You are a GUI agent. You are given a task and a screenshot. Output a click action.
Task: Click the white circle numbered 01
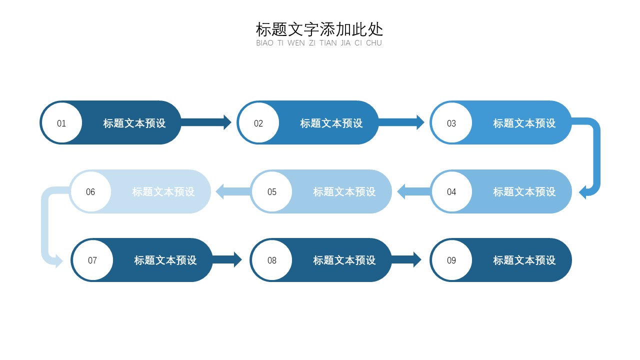(x=61, y=123)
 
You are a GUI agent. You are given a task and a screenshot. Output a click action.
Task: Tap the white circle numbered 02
(x=258, y=123)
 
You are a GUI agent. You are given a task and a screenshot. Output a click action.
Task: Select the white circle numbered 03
(x=451, y=123)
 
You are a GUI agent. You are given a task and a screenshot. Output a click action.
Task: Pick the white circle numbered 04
(x=451, y=191)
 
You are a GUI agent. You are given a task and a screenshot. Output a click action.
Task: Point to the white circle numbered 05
(x=271, y=191)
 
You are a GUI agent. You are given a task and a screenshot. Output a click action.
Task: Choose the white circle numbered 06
(x=90, y=191)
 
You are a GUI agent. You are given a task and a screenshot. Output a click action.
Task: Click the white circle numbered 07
(x=92, y=260)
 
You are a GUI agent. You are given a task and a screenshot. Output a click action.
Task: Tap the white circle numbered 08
(x=271, y=260)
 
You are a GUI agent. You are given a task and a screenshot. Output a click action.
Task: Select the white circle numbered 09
(x=451, y=260)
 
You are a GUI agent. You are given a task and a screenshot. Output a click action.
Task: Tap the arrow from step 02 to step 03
(x=401, y=122)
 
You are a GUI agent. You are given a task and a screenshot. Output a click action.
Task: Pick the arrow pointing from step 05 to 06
(x=232, y=191)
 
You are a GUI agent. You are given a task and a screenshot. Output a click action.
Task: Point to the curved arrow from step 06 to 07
(x=45, y=225)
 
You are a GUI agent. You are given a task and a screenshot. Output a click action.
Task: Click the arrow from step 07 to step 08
(x=227, y=259)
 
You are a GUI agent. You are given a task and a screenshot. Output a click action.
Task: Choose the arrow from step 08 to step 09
(x=406, y=259)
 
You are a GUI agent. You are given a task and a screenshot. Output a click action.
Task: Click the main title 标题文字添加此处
(x=319, y=29)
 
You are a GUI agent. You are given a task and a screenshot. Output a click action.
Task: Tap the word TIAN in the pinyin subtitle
(x=328, y=43)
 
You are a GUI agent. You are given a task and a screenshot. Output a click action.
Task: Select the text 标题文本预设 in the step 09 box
(x=524, y=260)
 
